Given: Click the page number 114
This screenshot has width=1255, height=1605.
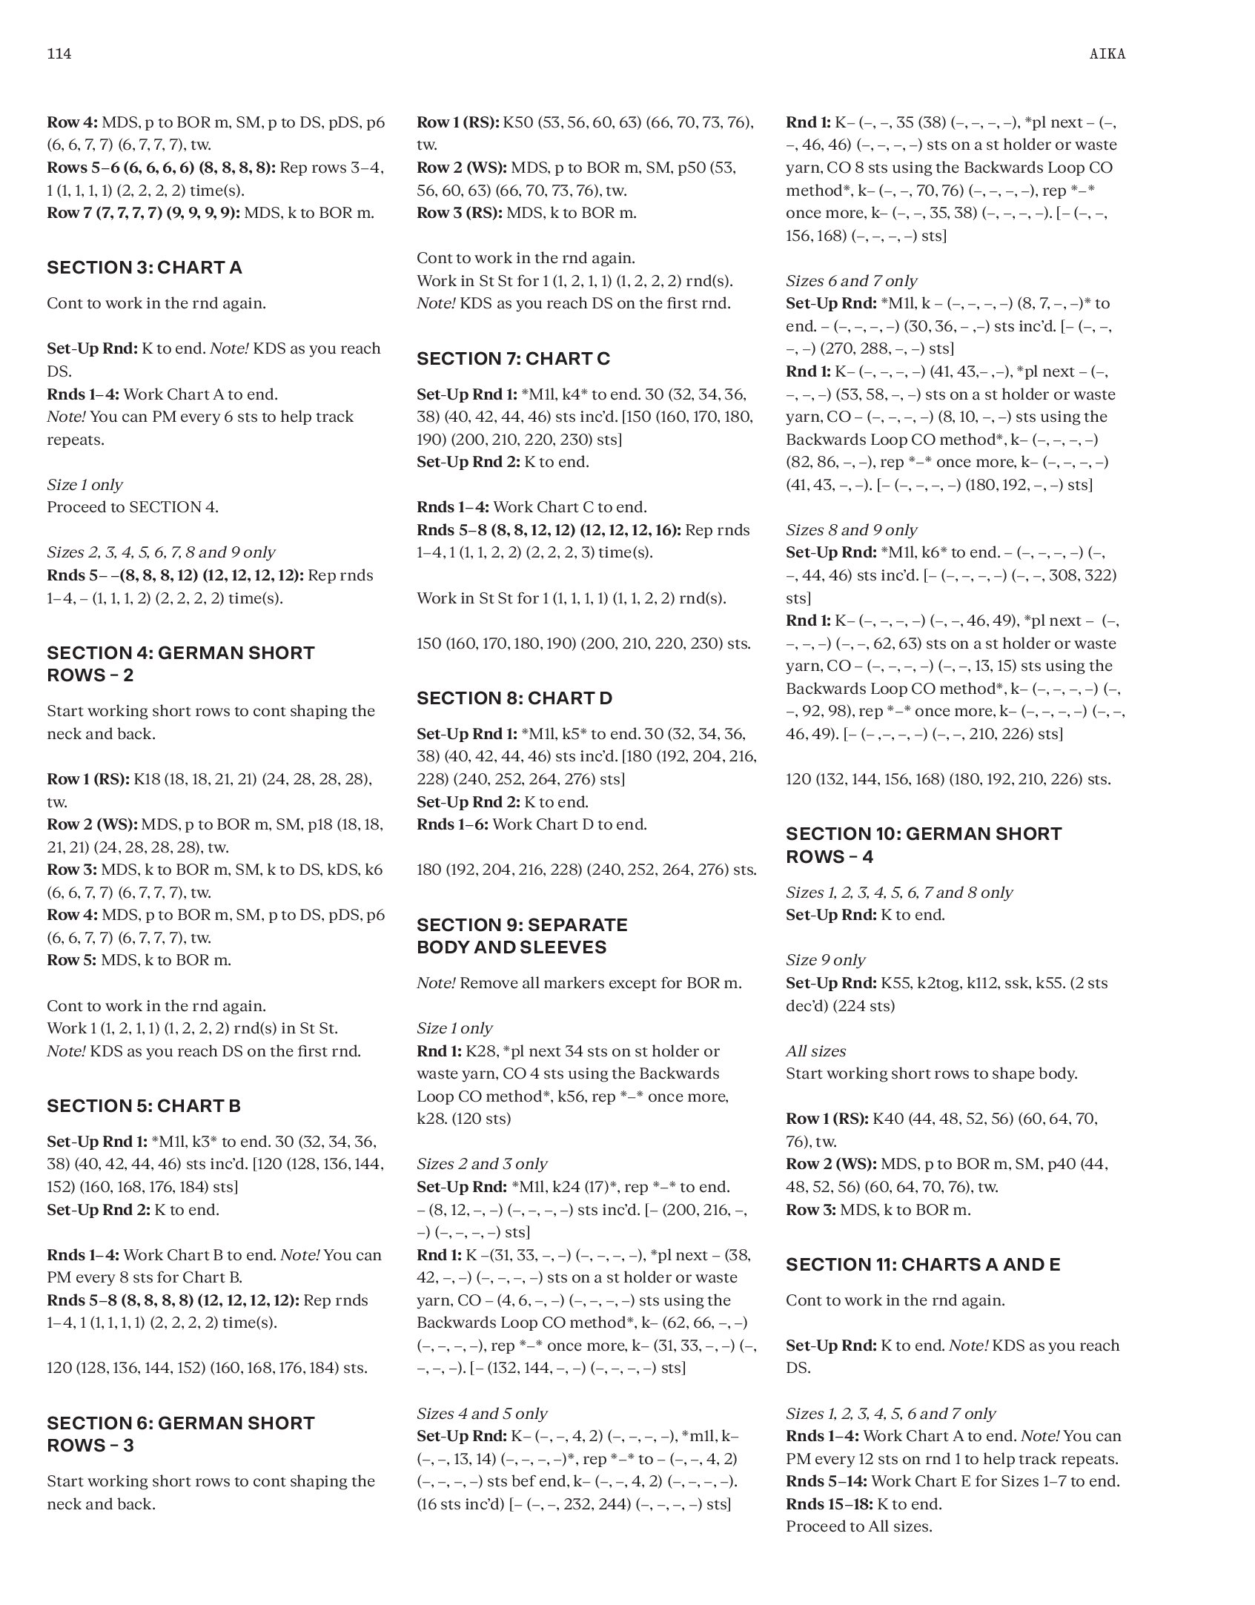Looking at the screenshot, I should point(59,54).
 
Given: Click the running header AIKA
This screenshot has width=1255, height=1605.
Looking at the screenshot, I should point(1107,54).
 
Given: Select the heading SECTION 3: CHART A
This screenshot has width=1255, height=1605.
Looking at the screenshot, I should point(145,268).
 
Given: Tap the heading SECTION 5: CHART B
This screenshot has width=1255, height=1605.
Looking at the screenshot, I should point(144,1106).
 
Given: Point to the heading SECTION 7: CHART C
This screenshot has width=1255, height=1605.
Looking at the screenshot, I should point(513,359).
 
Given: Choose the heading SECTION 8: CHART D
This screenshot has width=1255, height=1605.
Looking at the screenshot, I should point(514,698).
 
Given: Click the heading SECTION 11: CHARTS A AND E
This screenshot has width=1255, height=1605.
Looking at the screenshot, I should point(923,1265).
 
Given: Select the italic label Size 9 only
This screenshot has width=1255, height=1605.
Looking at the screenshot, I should point(825,960).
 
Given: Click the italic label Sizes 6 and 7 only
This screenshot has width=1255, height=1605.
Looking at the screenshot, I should point(851,281).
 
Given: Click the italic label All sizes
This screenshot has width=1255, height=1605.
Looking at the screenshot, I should point(815,1051).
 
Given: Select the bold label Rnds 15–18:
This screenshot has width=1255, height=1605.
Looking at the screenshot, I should point(830,1504).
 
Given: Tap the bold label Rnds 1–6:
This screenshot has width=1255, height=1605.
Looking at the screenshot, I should point(452,824).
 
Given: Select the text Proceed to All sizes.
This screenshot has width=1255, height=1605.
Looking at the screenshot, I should point(858,1526).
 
